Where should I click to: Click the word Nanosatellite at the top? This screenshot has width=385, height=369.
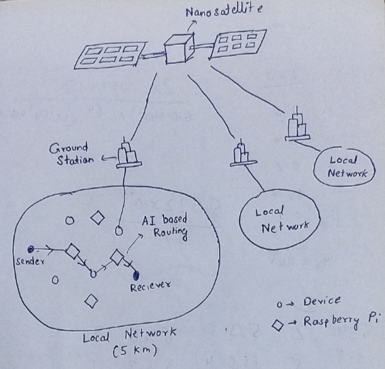pos(224,11)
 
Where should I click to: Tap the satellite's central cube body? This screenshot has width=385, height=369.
pos(178,49)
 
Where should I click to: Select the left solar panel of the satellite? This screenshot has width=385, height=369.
pos(110,55)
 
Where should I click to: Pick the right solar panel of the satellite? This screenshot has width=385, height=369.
pos(237,43)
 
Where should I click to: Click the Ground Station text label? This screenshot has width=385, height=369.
pos(71,154)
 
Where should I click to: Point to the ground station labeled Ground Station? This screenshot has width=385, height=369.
pos(129,153)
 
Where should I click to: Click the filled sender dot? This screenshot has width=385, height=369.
pos(31,249)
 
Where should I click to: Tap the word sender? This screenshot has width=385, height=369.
pos(30,261)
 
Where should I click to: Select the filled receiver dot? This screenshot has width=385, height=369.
pos(135,276)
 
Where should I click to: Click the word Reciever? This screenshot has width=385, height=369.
pos(150,286)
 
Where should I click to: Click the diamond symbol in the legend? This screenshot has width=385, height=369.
pos(278,326)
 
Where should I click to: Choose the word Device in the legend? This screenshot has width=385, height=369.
pos(322,301)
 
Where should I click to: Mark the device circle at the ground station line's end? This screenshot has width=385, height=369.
pos(119,230)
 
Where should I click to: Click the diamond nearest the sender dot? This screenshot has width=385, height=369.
pos(73,251)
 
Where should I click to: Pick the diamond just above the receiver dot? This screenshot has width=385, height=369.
pos(117,257)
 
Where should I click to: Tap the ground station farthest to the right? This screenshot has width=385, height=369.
pos(297,126)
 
